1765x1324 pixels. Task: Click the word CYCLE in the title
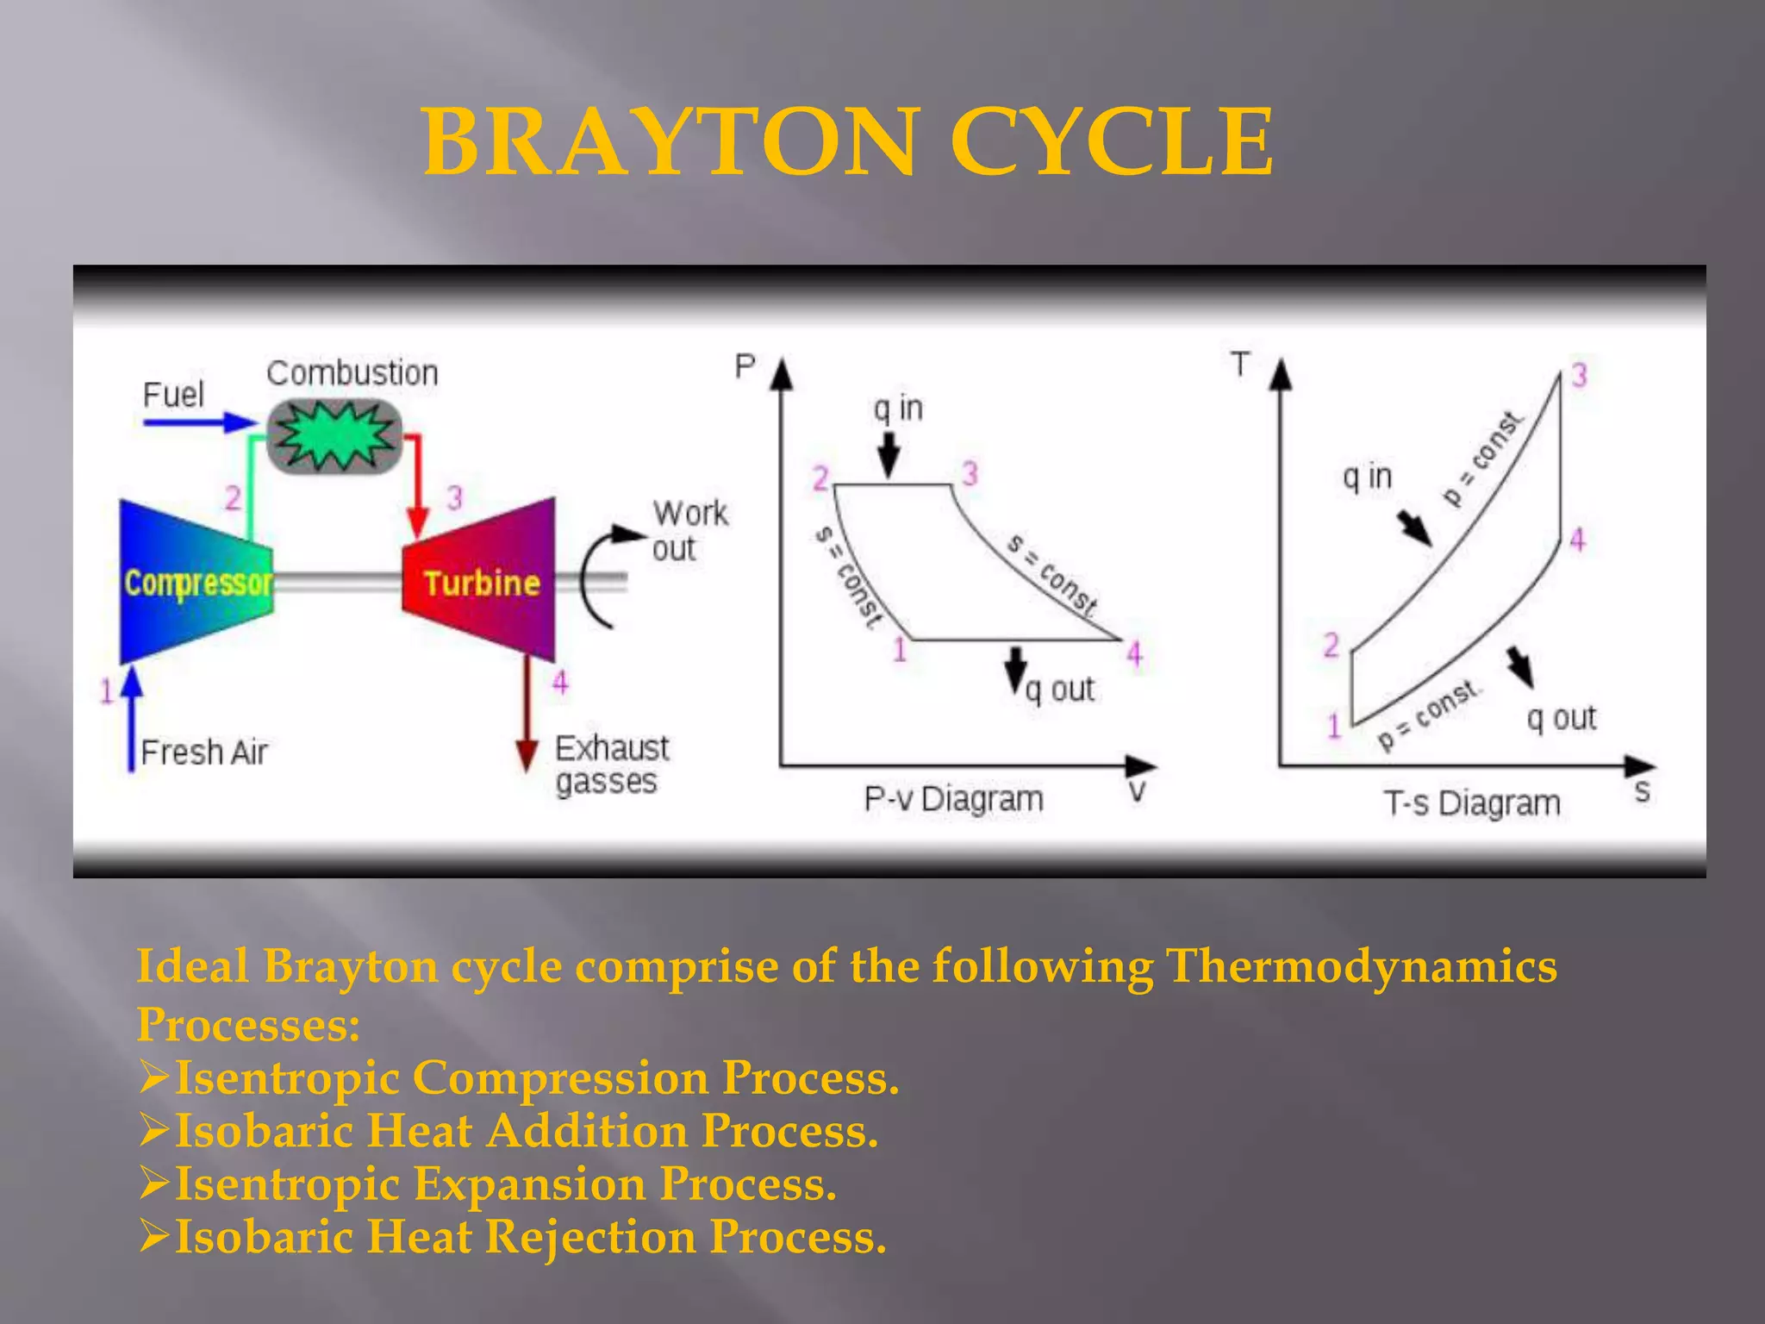point(1111,142)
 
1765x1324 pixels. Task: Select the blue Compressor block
point(196,582)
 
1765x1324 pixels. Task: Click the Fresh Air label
point(204,753)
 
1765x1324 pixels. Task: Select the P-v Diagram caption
point(953,799)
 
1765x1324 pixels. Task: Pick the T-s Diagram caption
point(1472,803)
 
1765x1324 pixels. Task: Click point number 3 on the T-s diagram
point(1579,376)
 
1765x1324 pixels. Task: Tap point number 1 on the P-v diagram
point(900,650)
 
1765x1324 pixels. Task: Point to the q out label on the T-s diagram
point(1561,718)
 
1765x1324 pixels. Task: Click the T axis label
point(1240,364)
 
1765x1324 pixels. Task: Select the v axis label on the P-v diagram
point(1138,791)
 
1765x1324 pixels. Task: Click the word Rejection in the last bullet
point(590,1237)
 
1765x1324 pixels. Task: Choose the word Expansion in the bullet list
point(529,1183)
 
